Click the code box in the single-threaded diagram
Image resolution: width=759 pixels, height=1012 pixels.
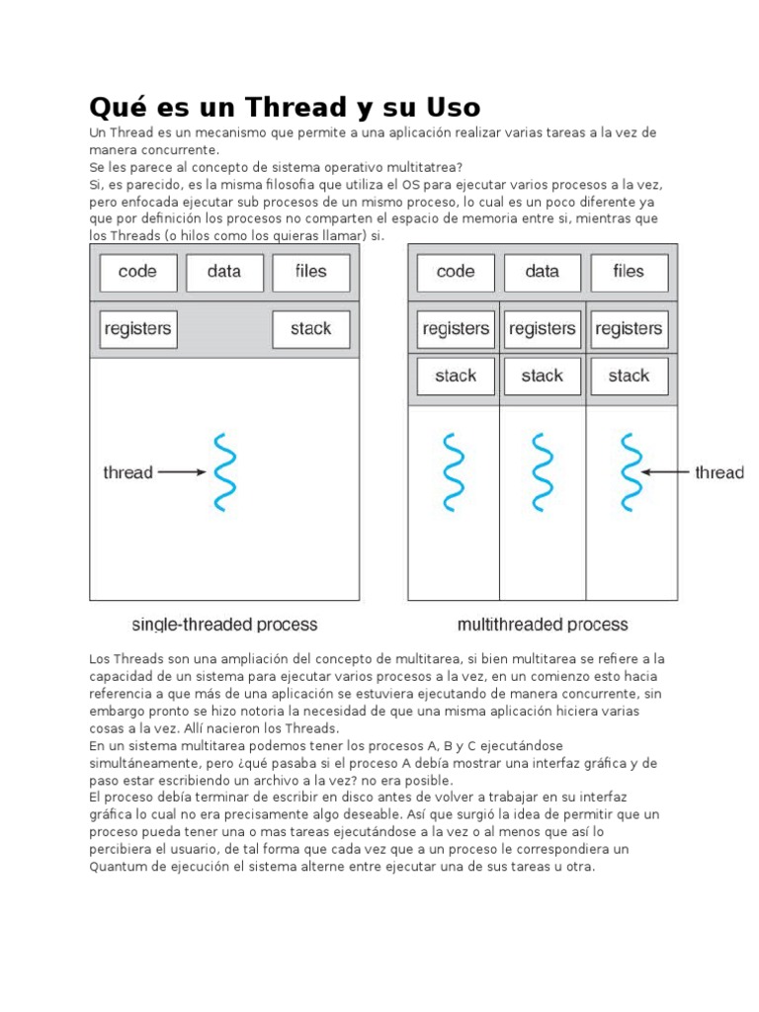pyautogui.click(x=138, y=273)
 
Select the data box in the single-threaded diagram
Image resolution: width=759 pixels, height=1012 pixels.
pyautogui.click(x=224, y=273)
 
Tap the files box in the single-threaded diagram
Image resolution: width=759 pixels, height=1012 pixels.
pyautogui.click(x=310, y=273)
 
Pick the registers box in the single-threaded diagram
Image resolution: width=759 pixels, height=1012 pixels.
pyautogui.click(x=138, y=329)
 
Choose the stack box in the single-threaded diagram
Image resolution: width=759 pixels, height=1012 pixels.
pyautogui.click(x=310, y=329)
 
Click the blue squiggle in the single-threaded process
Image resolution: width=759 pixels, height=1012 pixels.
pyautogui.click(x=224, y=471)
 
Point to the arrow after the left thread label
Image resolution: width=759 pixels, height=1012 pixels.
pyautogui.click(x=181, y=472)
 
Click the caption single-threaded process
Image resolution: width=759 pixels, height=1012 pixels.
pyautogui.click(x=224, y=625)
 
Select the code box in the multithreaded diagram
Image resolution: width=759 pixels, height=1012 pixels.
pyautogui.click(x=456, y=273)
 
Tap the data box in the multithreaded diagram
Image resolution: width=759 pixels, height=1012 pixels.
pyautogui.click(x=542, y=273)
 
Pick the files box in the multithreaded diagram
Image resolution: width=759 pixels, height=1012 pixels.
pyautogui.click(x=629, y=273)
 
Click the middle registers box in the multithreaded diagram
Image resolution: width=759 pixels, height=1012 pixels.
pyautogui.click(x=542, y=329)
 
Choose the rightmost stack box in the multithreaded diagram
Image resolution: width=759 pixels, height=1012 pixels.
pyautogui.click(x=629, y=376)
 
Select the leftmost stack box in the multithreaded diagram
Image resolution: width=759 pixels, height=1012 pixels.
pyautogui.click(x=456, y=376)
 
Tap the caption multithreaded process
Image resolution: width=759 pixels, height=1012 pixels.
pyautogui.click(x=543, y=625)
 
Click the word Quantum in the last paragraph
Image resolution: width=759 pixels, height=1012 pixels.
pyautogui.click(x=123, y=867)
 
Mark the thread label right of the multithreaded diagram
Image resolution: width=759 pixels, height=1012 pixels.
pyautogui.click(x=718, y=472)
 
